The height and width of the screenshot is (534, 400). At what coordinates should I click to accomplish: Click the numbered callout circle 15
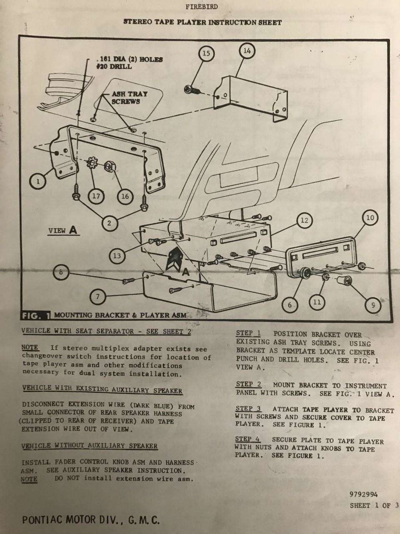[206, 53]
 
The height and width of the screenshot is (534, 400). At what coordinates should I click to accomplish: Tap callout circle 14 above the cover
[247, 51]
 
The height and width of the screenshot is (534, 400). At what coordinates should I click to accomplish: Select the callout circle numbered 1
[37, 181]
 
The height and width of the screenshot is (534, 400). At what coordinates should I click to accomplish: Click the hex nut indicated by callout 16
[109, 166]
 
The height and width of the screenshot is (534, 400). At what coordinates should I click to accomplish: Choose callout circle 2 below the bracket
[109, 223]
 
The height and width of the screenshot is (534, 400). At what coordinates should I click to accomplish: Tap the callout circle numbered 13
[117, 256]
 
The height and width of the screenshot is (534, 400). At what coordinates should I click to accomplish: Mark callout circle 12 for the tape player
[305, 220]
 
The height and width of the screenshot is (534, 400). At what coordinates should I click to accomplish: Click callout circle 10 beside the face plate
[370, 217]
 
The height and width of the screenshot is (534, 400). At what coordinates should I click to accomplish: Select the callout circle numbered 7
[97, 297]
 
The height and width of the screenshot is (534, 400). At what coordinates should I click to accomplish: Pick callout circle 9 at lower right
[373, 305]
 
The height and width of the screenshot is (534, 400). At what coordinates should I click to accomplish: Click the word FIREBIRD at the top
[201, 7]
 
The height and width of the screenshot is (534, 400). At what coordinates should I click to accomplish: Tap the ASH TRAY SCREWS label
[130, 98]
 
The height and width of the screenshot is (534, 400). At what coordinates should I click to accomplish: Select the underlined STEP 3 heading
[248, 408]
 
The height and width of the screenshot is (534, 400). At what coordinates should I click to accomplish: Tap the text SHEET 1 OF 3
[374, 506]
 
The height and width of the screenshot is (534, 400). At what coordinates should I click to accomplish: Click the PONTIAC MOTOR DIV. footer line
[91, 520]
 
